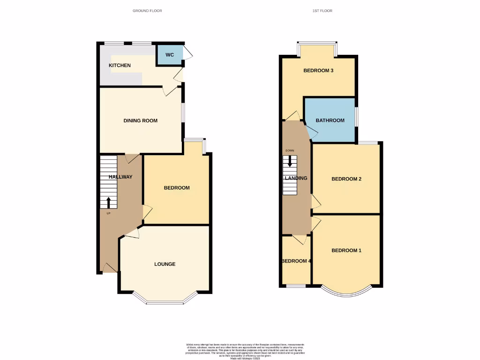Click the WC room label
tap(170, 55)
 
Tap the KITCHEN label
tap(120, 65)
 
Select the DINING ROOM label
tap(140, 120)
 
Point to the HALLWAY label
tap(120, 177)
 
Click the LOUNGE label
tap(165, 264)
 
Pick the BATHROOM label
tap(330, 120)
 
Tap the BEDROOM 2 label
tap(346, 179)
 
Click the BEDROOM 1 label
tap(346, 250)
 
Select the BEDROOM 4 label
tap(296, 261)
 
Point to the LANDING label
tap(296, 178)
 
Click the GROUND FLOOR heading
tap(147, 10)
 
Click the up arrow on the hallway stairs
tap(109, 202)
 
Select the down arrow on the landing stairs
tap(290, 161)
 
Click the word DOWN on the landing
tap(290, 150)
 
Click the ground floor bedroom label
tap(177, 188)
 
